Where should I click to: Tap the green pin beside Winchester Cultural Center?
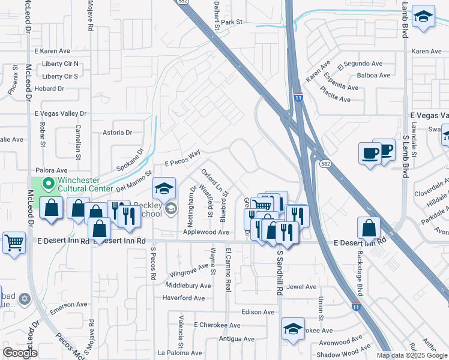click(47, 183)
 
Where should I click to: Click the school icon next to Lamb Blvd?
click(424, 17)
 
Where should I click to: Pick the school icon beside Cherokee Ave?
click(293, 329)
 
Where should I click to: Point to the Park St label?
click(231, 22)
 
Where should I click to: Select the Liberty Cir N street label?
click(60, 64)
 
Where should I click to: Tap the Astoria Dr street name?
click(117, 133)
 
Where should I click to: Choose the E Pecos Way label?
click(182, 159)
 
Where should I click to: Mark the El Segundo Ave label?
click(360, 64)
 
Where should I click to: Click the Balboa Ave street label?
click(373, 76)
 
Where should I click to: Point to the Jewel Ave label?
click(301, 287)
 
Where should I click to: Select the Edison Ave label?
click(258, 312)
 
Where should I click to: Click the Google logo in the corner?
click(20, 353)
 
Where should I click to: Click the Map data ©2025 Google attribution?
click(411, 355)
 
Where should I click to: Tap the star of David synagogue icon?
click(24, 298)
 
